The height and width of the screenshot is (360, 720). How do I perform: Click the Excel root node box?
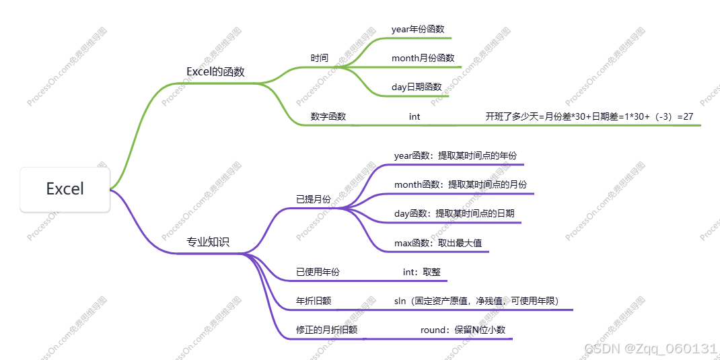point(65,189)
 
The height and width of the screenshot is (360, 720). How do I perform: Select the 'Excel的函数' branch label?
point(215,71)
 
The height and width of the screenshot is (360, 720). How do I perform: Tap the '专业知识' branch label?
point(208,242)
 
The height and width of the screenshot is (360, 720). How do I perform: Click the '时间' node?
point(320,58)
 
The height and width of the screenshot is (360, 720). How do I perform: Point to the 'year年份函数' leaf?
point(418,29)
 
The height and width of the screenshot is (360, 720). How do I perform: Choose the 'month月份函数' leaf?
point(423,58)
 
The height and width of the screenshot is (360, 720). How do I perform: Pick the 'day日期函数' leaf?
point(417,87)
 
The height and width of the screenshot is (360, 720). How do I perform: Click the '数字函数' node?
point(328,116)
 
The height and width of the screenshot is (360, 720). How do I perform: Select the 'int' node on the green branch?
point(415,116)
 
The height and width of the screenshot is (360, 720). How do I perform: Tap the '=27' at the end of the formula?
point(686,116)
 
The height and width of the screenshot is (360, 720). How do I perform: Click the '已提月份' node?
point(314,199)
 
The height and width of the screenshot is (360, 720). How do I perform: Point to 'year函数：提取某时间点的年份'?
point(456,155)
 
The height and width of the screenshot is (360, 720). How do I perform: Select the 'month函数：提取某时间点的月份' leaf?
point(461,184)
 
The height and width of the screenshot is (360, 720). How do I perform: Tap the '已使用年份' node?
point(318,272)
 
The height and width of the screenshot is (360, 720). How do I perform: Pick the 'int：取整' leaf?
point(421,272)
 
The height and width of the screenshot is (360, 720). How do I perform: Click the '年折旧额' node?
point(314,301)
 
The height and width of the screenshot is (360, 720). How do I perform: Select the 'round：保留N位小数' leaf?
point(463,330)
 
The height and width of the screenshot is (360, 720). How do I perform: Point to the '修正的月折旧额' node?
point(327,330)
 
